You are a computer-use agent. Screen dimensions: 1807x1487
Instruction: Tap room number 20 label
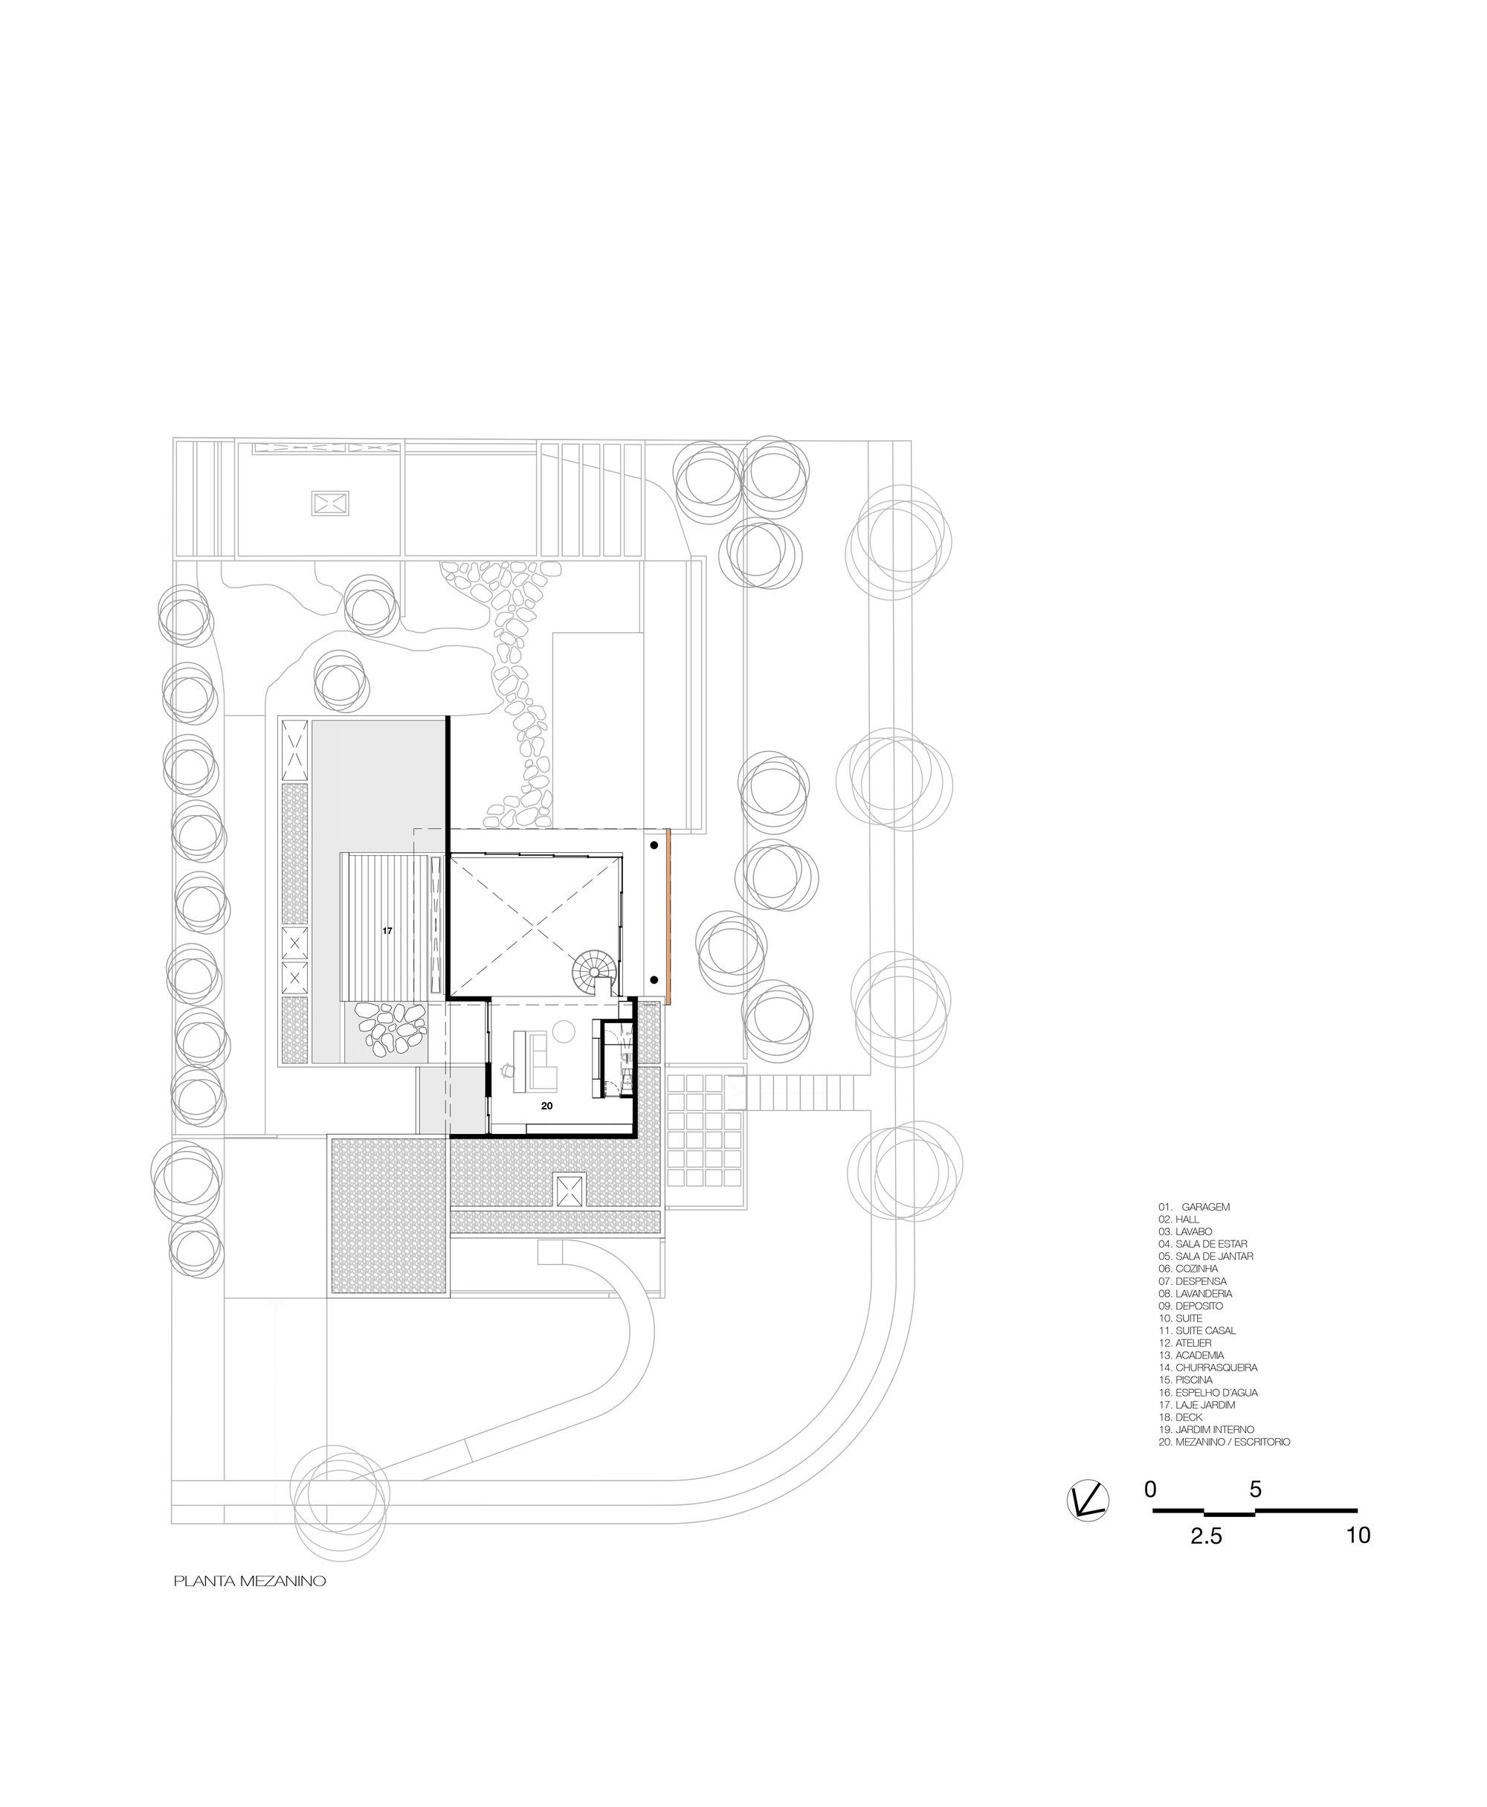(x=546, y=1106)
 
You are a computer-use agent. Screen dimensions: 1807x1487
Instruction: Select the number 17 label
(x=387, y=930)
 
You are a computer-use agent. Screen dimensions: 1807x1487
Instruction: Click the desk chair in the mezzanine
(x=507, y=1069)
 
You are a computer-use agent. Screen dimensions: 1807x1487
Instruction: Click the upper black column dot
(x=654, y=845)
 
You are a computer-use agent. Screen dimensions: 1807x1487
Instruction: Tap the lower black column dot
(x=654, y=980)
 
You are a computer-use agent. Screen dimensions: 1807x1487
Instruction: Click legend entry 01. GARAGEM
(x=1194, y=1206)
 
